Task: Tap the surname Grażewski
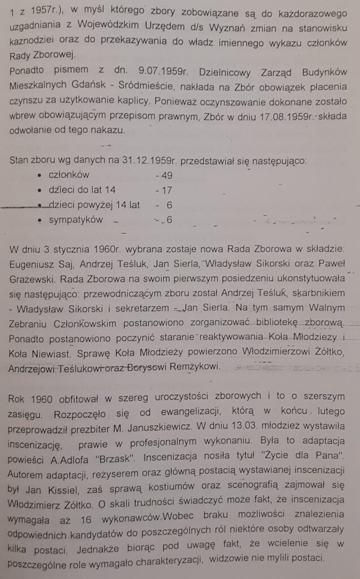(x=35, y=280)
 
